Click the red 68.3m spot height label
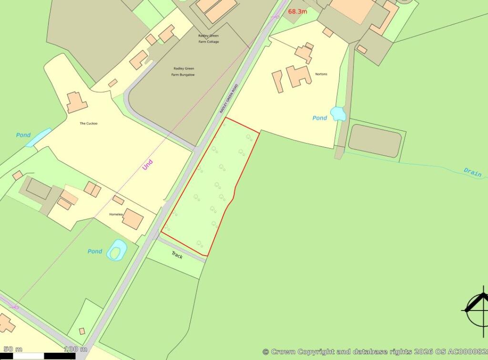(297, 11)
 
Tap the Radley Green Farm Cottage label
(209, 39)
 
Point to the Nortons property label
(321, 74)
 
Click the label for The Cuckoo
(88, 123)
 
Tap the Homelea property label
(116, 214)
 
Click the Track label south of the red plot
(177, 255)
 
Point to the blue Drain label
(472, 172)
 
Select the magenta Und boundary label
(148, 165)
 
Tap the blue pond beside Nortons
(338, 113)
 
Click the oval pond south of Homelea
(117, 250)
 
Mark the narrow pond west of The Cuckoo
(38, 137)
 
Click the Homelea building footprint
(132, 219)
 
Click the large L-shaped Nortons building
(298, 76)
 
